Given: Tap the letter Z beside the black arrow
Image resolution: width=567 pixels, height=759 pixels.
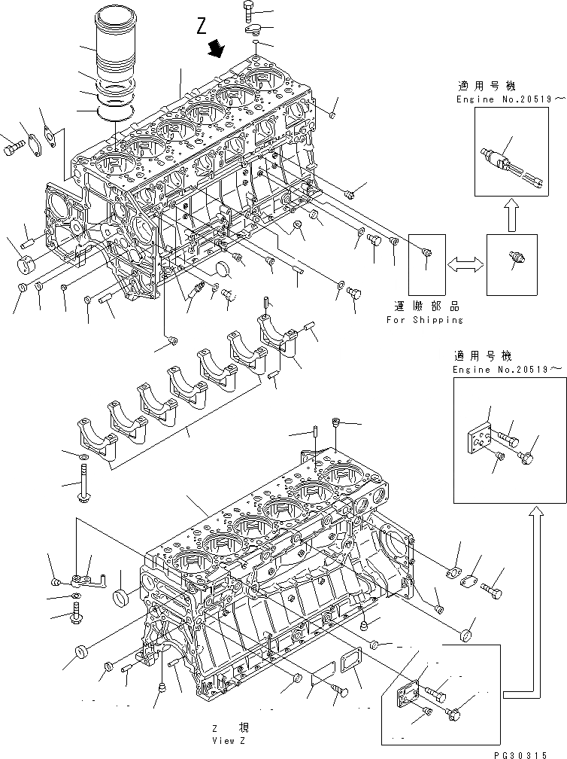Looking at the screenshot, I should coord(201,27).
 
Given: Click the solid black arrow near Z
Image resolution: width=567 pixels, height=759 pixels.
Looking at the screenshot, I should coord(218,50).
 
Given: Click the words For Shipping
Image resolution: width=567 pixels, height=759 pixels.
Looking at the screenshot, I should coord(426,320).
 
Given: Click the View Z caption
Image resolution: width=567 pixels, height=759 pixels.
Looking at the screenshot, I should coord(229,739).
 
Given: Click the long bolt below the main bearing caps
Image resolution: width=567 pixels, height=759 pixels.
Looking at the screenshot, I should coord(81,483).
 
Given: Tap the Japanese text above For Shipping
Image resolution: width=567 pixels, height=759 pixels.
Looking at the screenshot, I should coord(426,306).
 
